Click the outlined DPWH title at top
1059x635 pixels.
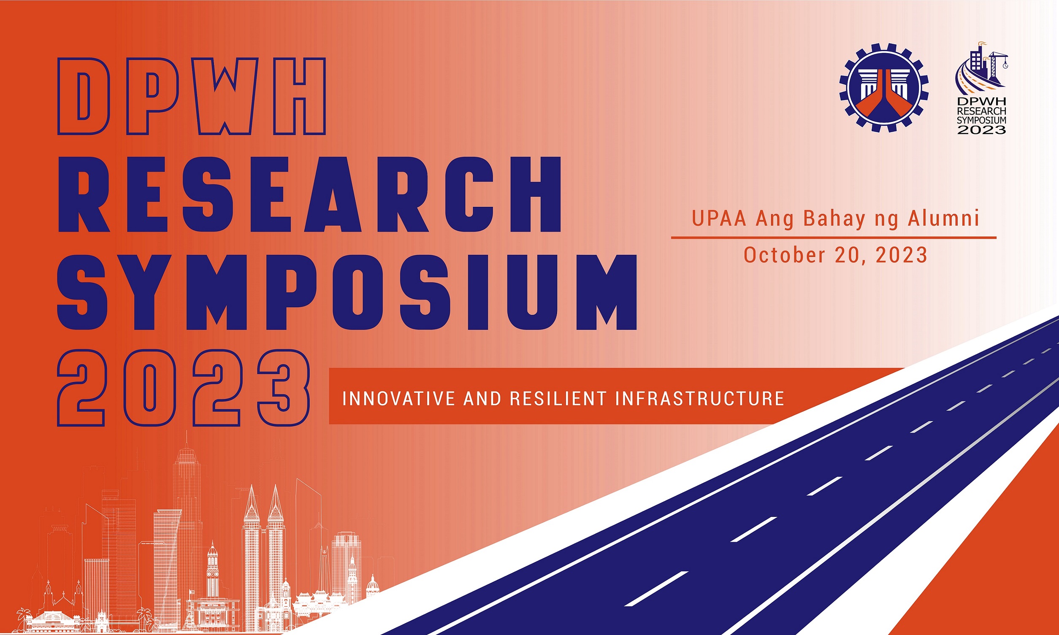[192, 96]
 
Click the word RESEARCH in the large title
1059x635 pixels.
[309, 195]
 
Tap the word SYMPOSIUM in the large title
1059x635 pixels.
[347, 293]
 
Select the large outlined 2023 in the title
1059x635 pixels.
[183, 388]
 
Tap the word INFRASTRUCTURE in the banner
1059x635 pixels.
[700, 399]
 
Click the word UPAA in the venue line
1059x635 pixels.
[719, 218]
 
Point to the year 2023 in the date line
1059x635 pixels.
[902, 255]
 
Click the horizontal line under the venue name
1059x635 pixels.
[834, 237]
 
